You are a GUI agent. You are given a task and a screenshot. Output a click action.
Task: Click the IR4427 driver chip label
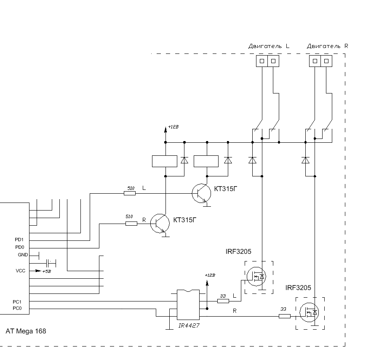[189, 325]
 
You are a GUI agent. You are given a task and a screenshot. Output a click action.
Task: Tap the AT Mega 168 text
[26, 331]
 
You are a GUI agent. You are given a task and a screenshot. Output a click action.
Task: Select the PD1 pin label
[19, 240]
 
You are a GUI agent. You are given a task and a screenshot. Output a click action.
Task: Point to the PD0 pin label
[19, 247]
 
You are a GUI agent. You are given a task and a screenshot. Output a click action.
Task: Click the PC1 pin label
[17, 301]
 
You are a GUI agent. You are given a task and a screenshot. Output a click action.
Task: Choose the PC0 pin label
[17, 308]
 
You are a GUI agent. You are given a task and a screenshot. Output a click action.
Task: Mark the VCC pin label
[20, 271]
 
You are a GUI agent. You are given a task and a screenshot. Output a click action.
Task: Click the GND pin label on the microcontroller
[22, 255]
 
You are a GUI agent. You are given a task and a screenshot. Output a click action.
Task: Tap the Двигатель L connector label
[268, 46]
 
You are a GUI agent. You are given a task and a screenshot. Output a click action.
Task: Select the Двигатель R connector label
[327, 46]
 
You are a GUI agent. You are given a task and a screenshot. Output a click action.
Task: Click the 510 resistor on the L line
[130, 193]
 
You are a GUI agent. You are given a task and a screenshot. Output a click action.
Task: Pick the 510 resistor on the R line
[131, 223]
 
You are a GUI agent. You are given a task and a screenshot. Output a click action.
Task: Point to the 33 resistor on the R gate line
[285, 316]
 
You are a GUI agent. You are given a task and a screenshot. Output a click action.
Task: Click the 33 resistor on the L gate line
[223, 301]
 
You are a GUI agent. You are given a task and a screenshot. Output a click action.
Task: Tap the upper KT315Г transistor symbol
[200, 193]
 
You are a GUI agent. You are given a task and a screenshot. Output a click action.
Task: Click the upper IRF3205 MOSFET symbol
[255, 276]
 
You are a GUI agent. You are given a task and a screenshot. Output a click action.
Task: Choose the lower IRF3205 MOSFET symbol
[310, 312]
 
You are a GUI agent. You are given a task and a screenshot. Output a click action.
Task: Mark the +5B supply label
[46, 271]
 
